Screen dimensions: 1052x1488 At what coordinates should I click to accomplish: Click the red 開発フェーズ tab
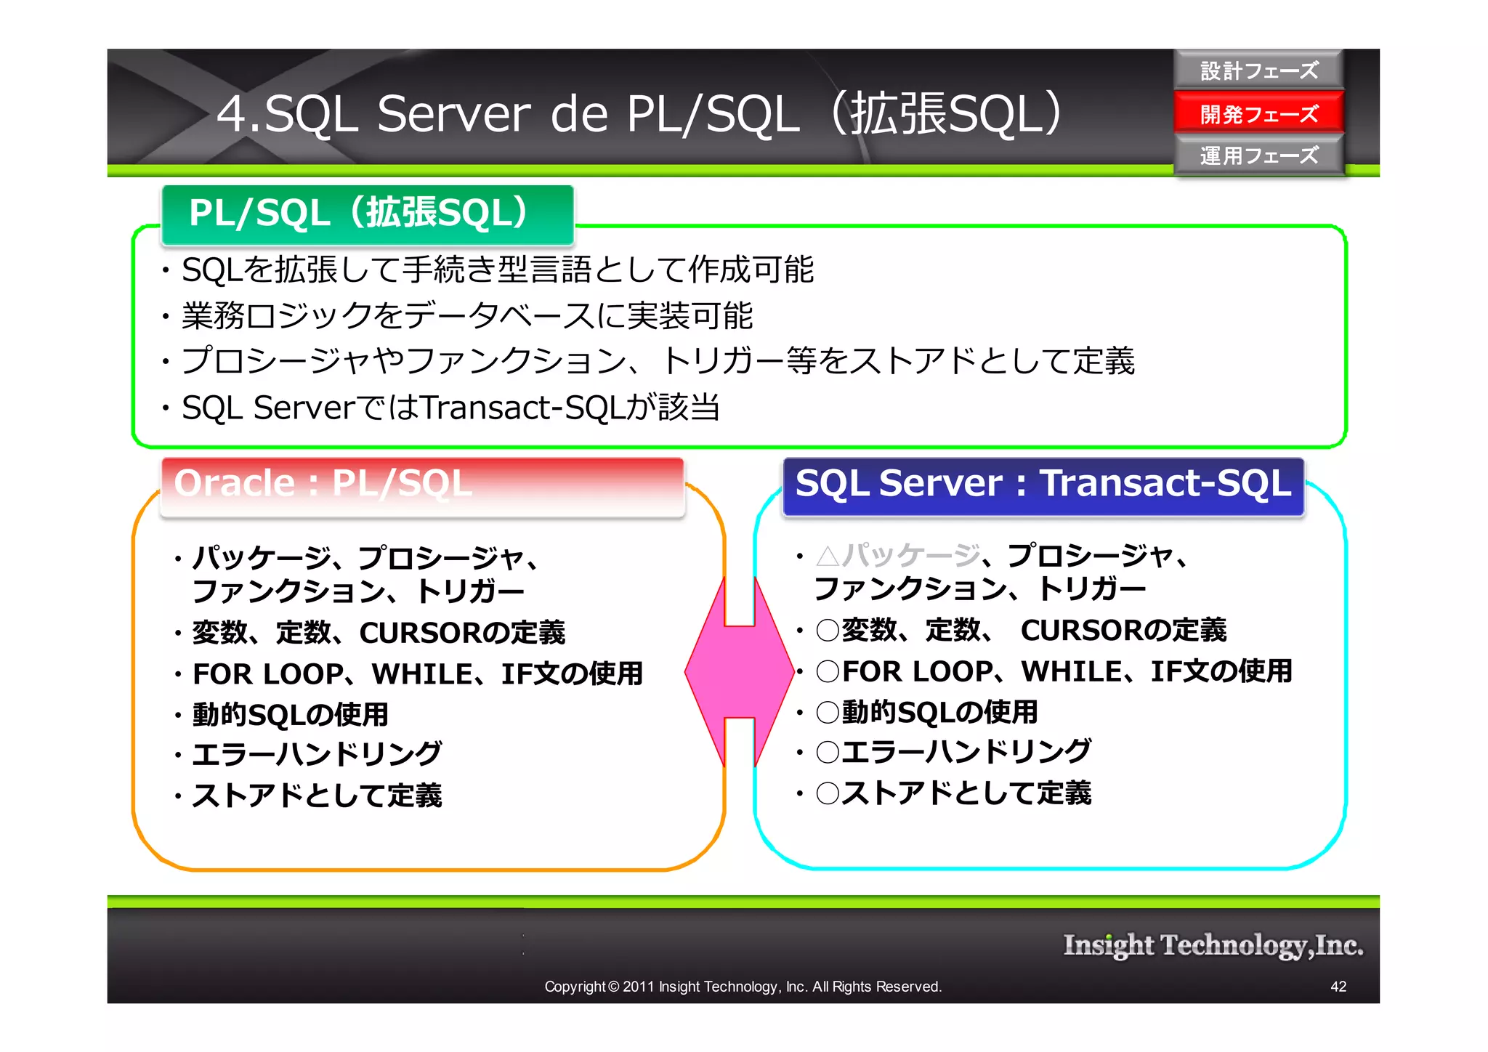1258,113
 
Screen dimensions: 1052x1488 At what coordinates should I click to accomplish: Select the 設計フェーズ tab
1258,70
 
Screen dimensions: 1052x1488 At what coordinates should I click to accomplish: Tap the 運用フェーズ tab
1258,155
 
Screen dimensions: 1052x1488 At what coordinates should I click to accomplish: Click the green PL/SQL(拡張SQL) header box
368,214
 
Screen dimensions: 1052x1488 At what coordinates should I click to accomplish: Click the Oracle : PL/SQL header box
421,485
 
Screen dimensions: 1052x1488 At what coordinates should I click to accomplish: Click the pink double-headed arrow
739,672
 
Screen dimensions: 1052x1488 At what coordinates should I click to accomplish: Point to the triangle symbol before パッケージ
828,557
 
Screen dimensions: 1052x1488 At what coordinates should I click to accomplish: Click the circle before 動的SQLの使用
828,712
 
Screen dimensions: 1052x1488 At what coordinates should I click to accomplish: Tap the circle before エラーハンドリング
828,752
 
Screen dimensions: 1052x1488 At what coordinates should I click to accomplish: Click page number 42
1338,987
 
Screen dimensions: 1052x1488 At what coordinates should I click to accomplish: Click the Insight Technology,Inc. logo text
1213,945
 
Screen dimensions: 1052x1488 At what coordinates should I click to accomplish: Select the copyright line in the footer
743,987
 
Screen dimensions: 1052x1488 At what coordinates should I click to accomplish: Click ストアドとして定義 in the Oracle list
317,796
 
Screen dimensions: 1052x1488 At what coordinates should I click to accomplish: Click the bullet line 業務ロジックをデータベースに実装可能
466,316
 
